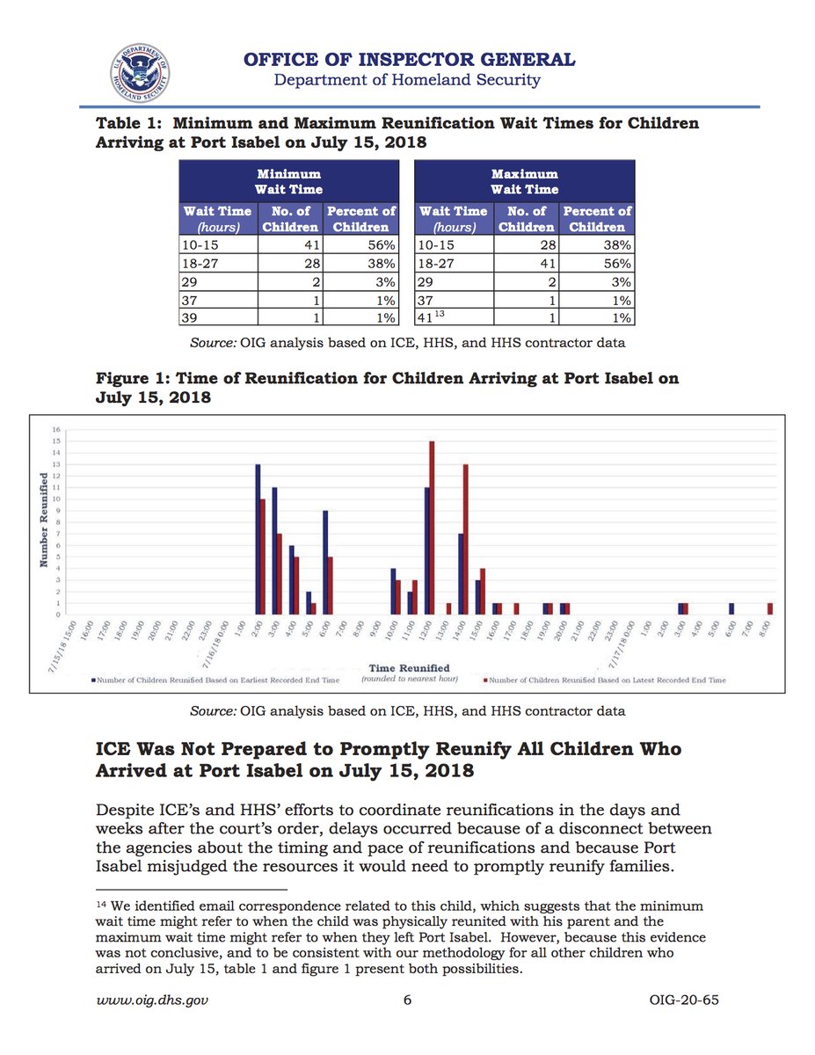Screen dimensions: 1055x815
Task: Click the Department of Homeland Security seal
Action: pos(141,70)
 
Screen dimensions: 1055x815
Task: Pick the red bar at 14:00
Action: pos(465,539)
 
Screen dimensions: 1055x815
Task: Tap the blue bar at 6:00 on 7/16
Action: pos(326,562)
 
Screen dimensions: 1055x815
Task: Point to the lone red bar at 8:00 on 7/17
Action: pos(770,608)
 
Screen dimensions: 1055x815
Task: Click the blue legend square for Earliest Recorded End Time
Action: pos(93,680)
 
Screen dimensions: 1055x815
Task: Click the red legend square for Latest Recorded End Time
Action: pos(484,680)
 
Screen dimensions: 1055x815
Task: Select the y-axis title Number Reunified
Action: pos(44,520)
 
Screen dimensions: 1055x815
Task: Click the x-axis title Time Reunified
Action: pos(409,669)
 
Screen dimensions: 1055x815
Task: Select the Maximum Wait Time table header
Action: pos(524,181)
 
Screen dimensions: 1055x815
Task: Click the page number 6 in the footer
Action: pos(407,1000)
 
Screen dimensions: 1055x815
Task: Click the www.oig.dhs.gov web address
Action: pos(151,1000)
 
